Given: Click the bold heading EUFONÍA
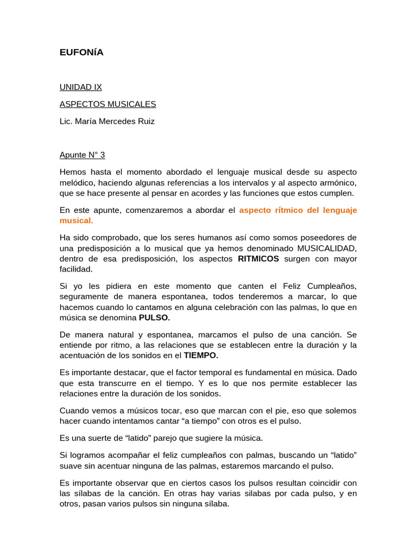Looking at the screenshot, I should click(81, 53).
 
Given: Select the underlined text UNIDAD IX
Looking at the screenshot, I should click(81, 87).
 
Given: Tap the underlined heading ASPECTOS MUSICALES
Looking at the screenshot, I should click(108, 104).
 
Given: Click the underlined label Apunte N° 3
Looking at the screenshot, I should click(82, 155).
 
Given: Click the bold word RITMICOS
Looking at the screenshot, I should click(258, 258).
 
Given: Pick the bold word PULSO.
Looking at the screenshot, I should click(154, 318).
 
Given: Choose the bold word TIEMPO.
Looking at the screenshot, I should click(201, 356).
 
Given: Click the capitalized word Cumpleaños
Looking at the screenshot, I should click(332, 286).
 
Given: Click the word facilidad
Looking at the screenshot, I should click(76, 269).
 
